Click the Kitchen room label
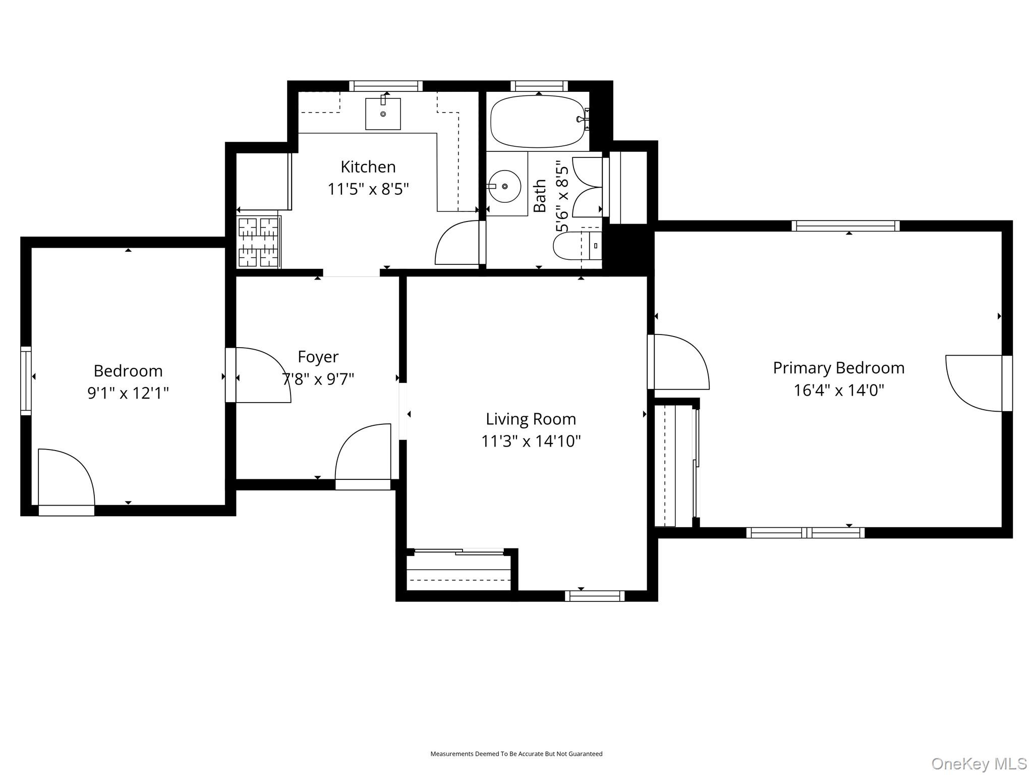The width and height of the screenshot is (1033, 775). (x=368, y=167)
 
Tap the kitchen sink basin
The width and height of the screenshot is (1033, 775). (x=383, y=114)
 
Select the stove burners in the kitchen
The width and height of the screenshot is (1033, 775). (x=258, y=242)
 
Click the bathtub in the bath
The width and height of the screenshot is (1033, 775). (x=537, y=121)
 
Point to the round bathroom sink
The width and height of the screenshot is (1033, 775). (x=504, y=186)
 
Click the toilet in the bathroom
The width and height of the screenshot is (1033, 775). (x=575, y=246)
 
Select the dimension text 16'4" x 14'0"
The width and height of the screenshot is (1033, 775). (x=838, y=390)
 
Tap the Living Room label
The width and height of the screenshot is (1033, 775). (x=531, y=419)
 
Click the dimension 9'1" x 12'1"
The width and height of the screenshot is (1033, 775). (x=128, y=393)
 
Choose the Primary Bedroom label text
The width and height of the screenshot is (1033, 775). (x=838, y=368)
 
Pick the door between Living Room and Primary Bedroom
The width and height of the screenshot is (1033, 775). (x=678, y=362)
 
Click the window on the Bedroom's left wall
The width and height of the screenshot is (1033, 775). (x=26, y=381)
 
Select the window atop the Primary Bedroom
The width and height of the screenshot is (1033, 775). (x=845, y=226)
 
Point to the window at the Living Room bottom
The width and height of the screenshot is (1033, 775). (x=595, y=596)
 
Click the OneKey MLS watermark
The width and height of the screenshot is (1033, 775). (x=979, y=763)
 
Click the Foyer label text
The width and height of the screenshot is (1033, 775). (x=318, y=357)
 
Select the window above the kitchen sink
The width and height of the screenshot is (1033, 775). (x=386, y=86)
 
